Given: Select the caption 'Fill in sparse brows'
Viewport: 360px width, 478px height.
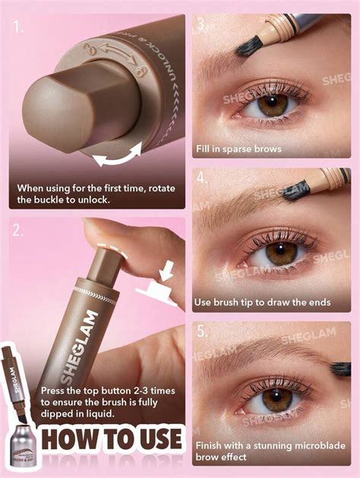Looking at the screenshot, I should (x=238, y=149).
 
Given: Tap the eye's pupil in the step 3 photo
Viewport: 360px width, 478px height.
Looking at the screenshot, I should (x=271, y=105).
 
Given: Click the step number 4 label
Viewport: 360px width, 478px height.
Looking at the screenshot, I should (x=201, y=180).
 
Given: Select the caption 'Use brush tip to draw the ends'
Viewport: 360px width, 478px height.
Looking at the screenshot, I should (x=262, y=302).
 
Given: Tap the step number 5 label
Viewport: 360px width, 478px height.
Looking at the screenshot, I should (x=201, y=332).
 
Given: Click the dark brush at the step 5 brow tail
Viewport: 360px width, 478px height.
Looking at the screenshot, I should (x=339, y=370).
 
